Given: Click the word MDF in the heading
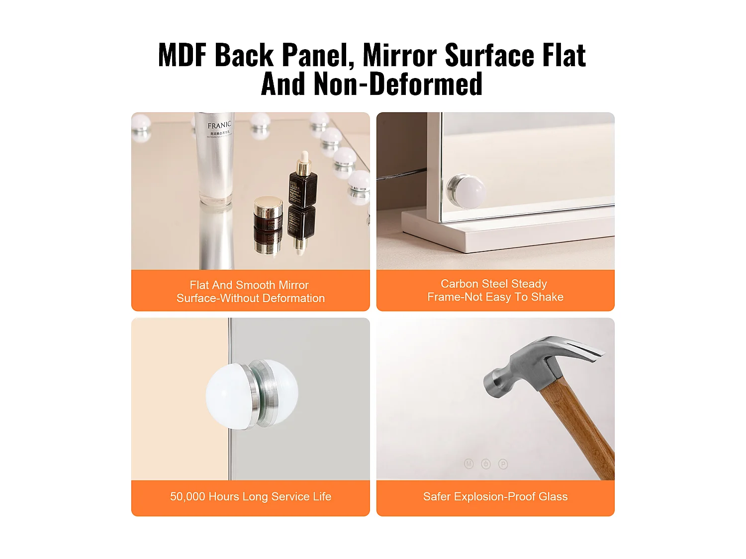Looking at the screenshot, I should click(x=182, y=55).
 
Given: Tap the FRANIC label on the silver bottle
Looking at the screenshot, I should click(x=219, y=125).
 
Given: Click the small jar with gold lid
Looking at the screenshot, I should click(x=268, y=213).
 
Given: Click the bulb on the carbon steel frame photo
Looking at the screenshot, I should click(x=466, y=191).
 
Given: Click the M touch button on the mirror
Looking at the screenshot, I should click(x=468, y=464).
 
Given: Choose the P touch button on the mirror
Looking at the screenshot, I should click(x=503, y=464).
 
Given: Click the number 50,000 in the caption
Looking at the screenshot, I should click(x=187, y=496).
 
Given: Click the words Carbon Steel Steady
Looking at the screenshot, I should click(x=493, y=284).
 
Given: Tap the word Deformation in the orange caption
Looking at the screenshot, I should click(x=293, y=298).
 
